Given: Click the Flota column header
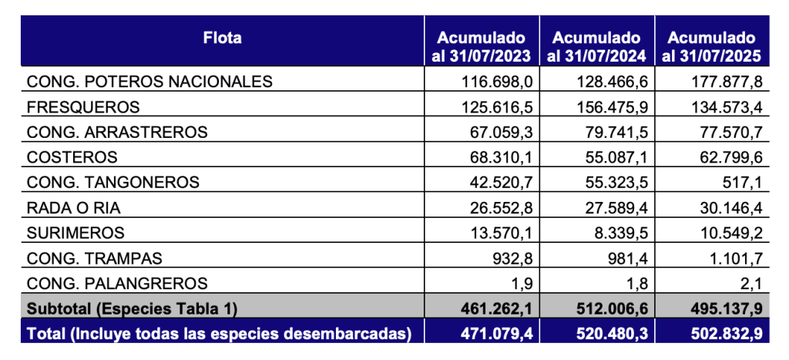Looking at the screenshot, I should pyautogui.click(x=223, y=37).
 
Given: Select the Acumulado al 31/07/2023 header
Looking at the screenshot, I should pyautogui.click(x=482, y=46).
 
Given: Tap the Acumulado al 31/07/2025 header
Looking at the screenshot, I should pyautogui.click(x=711, y=46).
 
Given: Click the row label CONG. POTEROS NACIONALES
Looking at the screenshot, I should pyautogui.click(x=149, y=82).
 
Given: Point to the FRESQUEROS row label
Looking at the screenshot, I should pyautogui.click(x=83, y=106).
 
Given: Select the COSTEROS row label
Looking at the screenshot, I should pyautogui.click(x=72, y=157).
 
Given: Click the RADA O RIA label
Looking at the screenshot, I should pyautogui.click(x=75, y=207).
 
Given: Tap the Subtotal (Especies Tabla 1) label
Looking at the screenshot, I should pyautogui.click(x=132, y=308).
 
